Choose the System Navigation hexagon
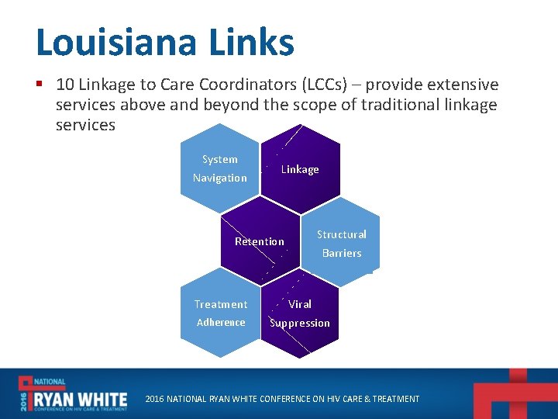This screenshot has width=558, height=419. [220, 168]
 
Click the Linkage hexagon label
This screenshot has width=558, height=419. [300, 169]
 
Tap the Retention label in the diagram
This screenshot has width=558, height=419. [260, 241]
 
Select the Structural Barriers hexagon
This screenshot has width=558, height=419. [342, 243]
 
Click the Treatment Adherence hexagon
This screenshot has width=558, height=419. [221, 313]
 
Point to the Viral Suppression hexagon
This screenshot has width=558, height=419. [300, 313]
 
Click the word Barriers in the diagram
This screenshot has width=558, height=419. [342, 253]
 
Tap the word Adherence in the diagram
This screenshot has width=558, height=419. [221, 323]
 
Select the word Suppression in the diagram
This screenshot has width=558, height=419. [300, 323]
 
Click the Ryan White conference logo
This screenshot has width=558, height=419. [73, 393]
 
